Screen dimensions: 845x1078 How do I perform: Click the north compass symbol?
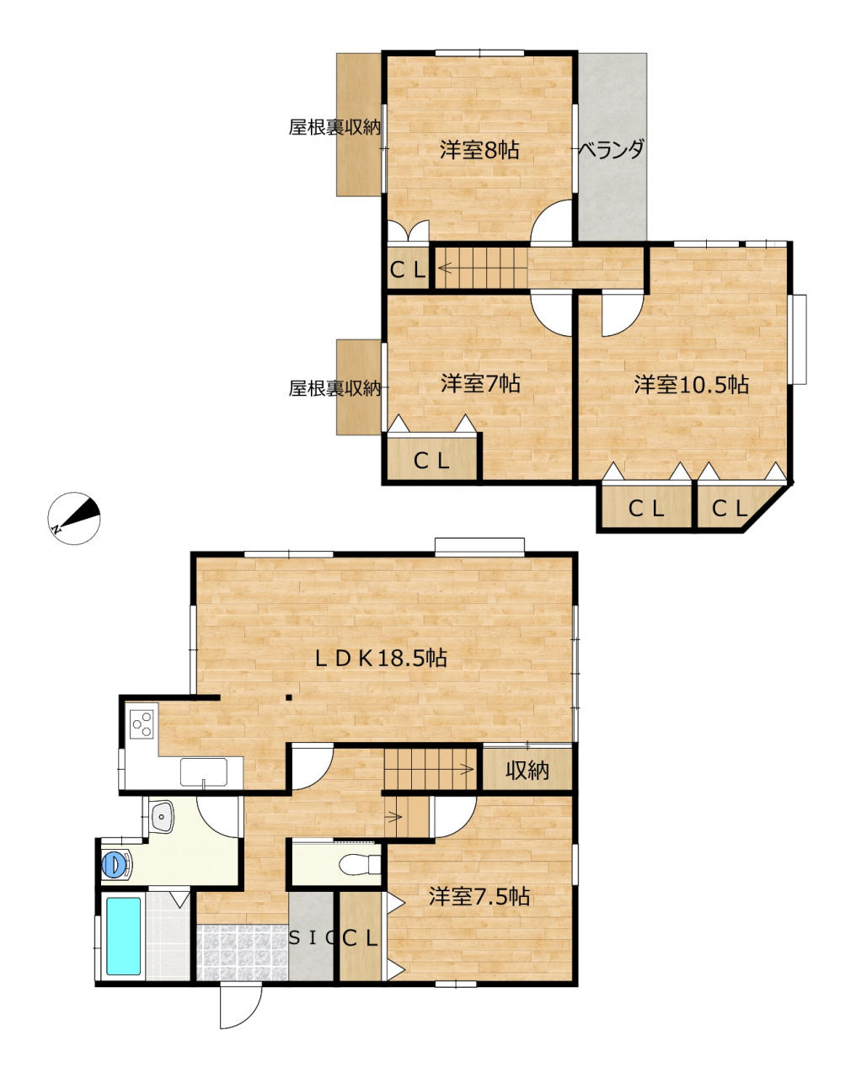(74, 518)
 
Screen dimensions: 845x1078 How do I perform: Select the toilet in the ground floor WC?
(360, 864)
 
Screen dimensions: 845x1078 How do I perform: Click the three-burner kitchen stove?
(142, 723)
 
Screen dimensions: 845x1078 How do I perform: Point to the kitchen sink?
(203, 771)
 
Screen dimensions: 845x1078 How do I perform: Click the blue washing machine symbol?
(118, 864)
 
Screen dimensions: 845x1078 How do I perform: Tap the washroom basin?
(161, 815)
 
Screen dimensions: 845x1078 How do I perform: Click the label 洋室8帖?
(479, 150)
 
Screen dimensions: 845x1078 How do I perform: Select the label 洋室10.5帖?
(691, 385)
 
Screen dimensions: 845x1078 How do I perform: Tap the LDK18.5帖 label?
(381, 659)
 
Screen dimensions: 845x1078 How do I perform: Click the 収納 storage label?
(527, 771)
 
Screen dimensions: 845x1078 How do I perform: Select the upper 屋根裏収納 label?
(334, 127)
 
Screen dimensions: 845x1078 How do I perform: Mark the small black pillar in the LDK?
(289, 698)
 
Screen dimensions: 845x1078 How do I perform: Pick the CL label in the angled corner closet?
(730, 510)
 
